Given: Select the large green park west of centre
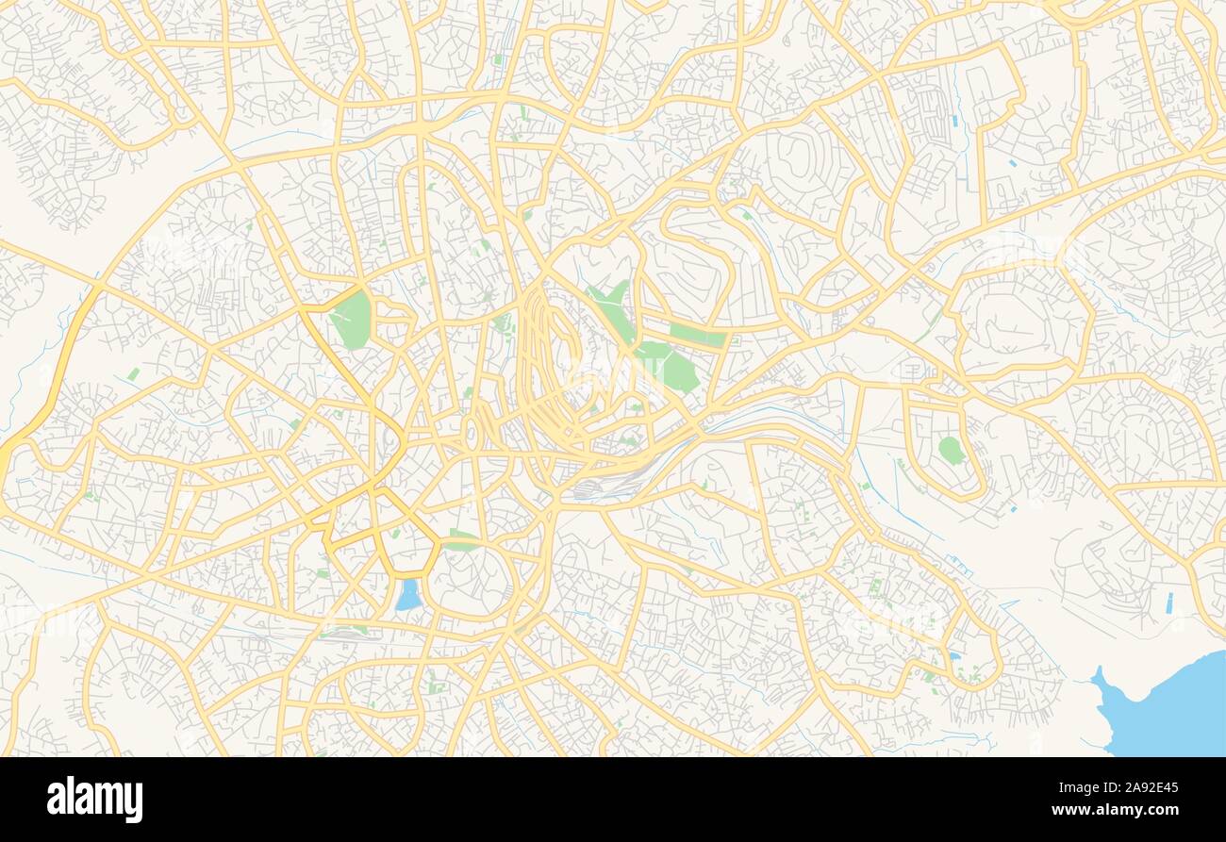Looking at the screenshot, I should [x=351, y=319].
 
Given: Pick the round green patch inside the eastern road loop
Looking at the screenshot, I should [x=951, y=450].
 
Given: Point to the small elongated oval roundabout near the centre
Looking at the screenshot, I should [x=471, y=434].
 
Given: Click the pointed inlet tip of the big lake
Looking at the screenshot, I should [x=1097, y=672].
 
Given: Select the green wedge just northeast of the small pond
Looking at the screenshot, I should [x=460, y=540].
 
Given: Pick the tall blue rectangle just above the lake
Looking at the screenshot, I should [x=1170, y=603].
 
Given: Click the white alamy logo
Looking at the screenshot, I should [x=94, y=800].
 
